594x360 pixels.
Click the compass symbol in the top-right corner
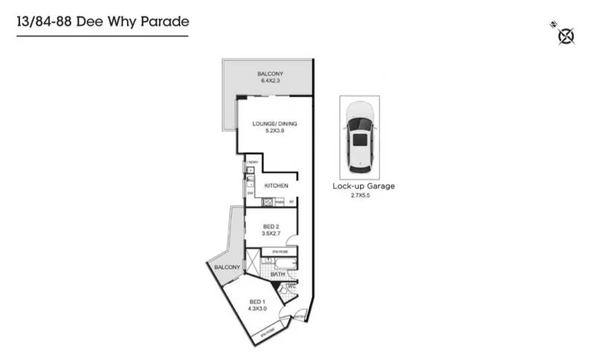[565, 35]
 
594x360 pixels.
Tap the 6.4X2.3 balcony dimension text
[270, 81]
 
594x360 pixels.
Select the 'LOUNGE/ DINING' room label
[274, 124]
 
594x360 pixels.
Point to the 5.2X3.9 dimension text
[274, 131]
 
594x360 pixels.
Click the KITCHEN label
[275, 186]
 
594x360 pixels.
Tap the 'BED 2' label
[272, 226]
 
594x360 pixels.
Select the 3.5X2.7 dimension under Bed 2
[272, 234]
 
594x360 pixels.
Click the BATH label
[278, 275]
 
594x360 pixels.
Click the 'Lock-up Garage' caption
[363, 186]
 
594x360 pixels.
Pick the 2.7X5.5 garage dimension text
[363, 195]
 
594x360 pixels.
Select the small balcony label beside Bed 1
[226, 267]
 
